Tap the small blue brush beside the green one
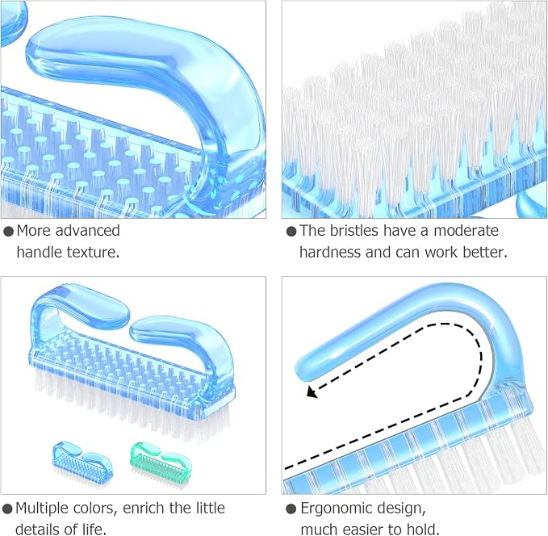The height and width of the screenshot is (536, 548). point(82,463)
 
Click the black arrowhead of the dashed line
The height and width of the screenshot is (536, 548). point(312,392)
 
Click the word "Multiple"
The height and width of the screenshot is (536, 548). point(42,508)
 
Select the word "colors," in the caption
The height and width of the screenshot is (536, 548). point(94,509)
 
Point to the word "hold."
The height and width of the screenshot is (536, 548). point(423,530)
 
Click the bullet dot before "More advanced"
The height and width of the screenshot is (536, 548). point(8,231)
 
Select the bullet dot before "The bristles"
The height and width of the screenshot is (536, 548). point(291,231)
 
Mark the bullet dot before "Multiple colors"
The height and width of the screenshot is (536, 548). point(7,509)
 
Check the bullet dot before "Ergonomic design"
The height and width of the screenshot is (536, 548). point(291,509)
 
